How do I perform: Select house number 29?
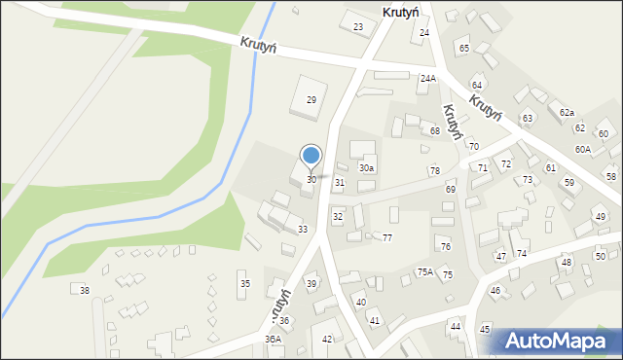(311, 100)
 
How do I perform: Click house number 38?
(85, 291)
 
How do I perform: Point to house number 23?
(358, 26)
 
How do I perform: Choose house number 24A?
(428, 78)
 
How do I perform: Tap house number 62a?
(567, 114)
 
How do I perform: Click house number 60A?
(582, 149)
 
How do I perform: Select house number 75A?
(425, 272)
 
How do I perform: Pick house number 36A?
(273, 339)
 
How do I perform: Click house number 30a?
(366, 168)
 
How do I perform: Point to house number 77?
(386, 238)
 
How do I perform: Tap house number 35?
(244, 283)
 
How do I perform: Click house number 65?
(463, 49)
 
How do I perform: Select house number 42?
(327, 339)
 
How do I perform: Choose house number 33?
(303, 229)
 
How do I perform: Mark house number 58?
(610, 176)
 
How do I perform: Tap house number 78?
(434, 171)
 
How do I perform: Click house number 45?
(485, 329)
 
